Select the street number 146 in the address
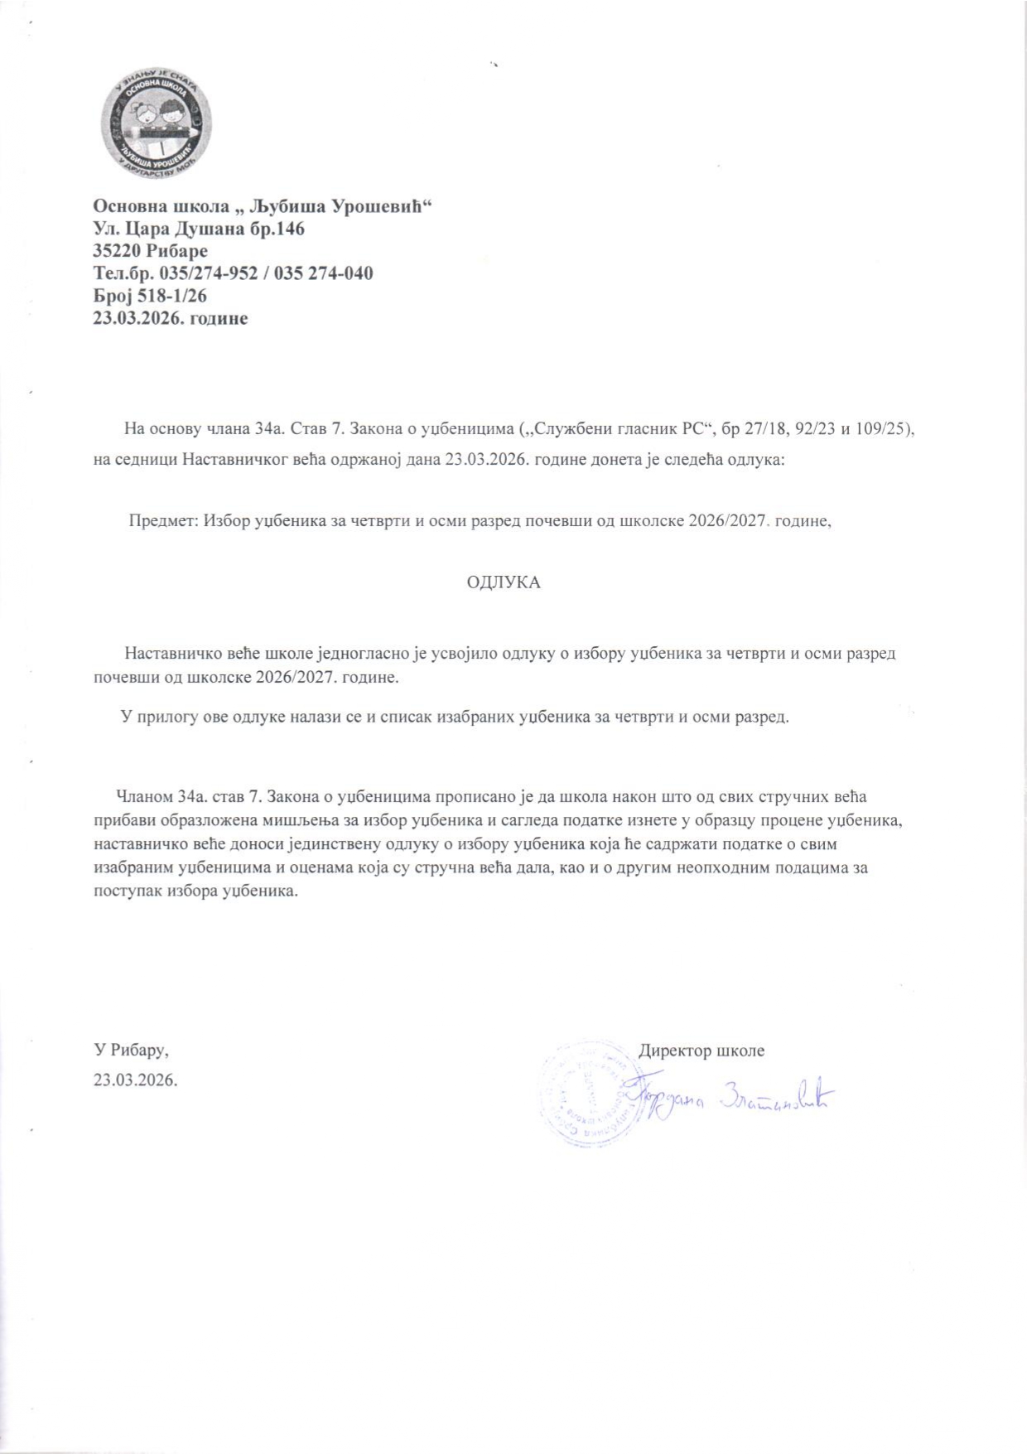tap(289, 228)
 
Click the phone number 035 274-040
tap(330, 273)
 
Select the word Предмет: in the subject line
tap(162, 522)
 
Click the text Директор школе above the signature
tap(702, 1051)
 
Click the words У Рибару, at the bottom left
tap(132, 1051)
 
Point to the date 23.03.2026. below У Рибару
tap(136, 1080)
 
